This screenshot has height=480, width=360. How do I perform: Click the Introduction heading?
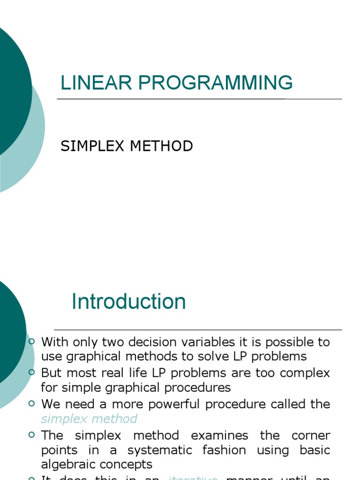(128, 301)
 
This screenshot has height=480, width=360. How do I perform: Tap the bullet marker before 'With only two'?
(31, 342)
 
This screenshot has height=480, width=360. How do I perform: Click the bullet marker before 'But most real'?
(31, 373)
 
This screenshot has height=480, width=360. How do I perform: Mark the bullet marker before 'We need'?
(31, 404)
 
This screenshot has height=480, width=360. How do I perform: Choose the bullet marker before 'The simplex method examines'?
(31, 435)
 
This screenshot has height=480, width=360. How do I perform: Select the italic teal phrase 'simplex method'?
(89, 419)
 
